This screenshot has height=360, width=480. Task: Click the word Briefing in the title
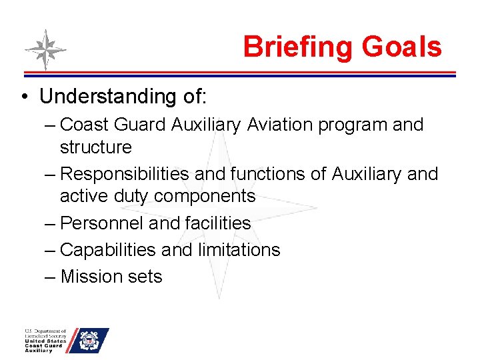[298, 48]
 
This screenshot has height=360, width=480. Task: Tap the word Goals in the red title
[401, 47]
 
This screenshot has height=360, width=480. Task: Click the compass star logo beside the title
[45, 50]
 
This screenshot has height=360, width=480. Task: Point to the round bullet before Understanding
[24, 97]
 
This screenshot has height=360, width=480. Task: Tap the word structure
[96, 147]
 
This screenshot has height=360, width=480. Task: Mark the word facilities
[213, 223]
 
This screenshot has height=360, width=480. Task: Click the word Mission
[90, 277]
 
